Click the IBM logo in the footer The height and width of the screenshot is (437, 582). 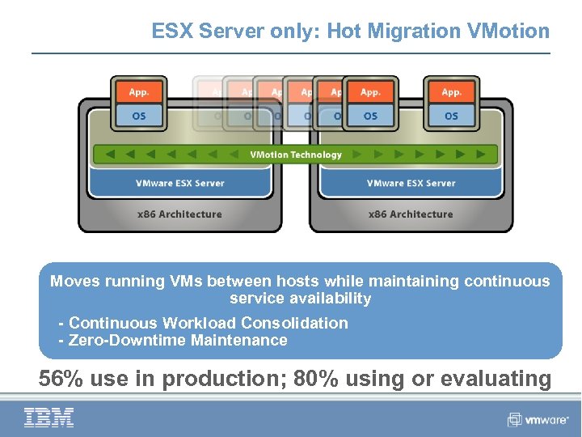click(x=48, y=418)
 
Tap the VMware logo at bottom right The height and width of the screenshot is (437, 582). click(x=538, y=420)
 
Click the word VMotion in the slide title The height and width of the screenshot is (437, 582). click(x=508, y=32)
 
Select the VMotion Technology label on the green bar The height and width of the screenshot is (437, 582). click(x=296, y=155)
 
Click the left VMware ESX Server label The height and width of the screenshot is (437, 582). click(x=180, y=183)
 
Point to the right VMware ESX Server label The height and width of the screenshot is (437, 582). click(x=411, y=183)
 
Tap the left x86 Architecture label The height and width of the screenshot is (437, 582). click(x=179, y=214)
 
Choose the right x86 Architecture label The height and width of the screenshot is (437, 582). click(x=411, y=214)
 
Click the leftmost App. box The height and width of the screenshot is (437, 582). click(x=139, y=92)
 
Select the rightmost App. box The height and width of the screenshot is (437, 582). click(x=451, y=92)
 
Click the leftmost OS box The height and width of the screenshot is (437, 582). click(x=139, y=116)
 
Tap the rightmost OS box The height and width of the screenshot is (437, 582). click(x=451, y=116)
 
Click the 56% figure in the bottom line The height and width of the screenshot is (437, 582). click(x=62, y=378)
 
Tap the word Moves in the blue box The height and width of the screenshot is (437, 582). click(x=73, y=282)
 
